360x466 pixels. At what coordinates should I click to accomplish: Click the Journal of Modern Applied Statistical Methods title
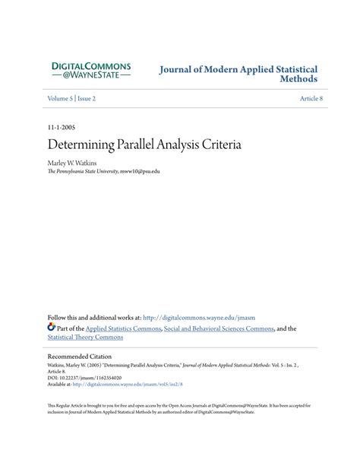[x=238, y=74]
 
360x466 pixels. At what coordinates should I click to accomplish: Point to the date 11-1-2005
[x=61, y=128]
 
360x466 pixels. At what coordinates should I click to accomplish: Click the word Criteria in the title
[x=219, y=144]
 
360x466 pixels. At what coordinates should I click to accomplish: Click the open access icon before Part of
[x=52, y=328]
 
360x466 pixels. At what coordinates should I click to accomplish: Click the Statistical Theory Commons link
[x=85, y=338]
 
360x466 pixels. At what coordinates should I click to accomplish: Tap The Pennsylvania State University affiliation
[x=82, y=171]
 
